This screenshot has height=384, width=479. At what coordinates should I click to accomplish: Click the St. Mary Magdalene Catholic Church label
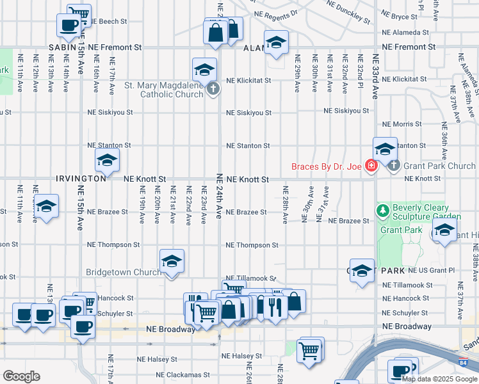[x=163, y=89]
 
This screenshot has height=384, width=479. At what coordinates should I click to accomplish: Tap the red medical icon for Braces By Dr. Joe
[x=370, y=166]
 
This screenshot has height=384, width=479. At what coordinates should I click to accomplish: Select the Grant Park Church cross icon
[x=393, y=166]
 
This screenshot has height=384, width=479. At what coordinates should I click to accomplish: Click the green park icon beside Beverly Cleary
[x=383, y=211]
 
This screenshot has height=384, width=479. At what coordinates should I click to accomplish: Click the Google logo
[x=21, y=376]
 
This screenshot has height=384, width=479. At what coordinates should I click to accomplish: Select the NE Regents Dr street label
[x=276, y=13]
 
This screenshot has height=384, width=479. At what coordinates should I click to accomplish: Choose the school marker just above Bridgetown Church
[x=172, y=261]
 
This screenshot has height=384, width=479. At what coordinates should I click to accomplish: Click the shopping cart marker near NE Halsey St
[x=310, y=350]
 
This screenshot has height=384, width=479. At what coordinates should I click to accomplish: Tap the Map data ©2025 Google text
[x=439, y=378]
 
